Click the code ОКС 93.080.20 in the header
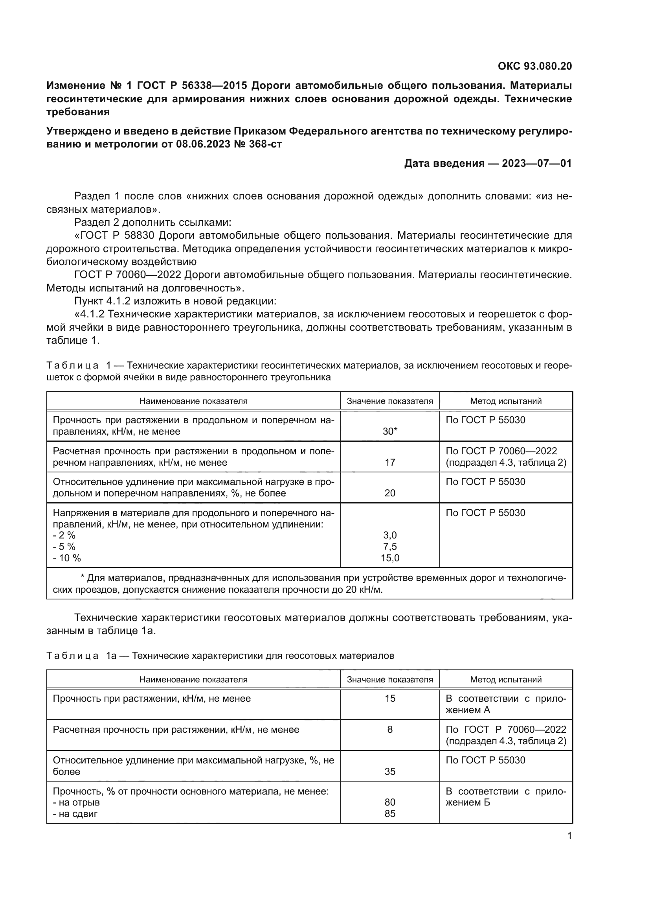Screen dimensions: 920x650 (x=535, y=66)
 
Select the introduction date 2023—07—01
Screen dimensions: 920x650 (x=537, y=164)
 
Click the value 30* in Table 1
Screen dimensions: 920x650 (x=390, y=431)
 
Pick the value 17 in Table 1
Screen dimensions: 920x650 (x=390, y=463)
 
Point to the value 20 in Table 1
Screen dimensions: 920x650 (x=390, y=493)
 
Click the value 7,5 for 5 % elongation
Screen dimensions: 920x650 (x=390, y=547)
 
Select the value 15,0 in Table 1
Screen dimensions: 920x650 (x=390, y=558)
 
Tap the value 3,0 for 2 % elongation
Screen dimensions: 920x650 (x=390, y=535)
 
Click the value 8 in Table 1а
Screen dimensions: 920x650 (x=390, y=730)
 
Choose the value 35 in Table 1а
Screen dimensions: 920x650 (x=390, y=772)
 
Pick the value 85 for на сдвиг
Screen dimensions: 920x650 (x=390, y=814)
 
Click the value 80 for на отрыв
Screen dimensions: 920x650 (x=390, y=802)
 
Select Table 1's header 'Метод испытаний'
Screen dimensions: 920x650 (x=506, y=401)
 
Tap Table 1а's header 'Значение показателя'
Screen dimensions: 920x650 (x=390, y=680)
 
